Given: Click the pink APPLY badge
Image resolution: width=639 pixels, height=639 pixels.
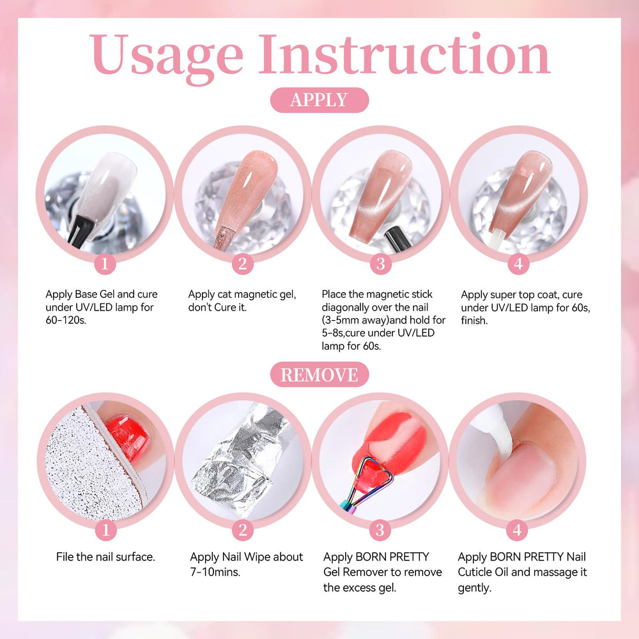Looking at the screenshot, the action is pyautogui.click(x=319, y=100).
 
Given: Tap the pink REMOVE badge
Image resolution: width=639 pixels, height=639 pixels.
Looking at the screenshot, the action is pyautogui.click(x=319, y=374).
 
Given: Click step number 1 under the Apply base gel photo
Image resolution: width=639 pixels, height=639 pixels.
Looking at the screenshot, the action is pyautogui.click(x=105, y=263).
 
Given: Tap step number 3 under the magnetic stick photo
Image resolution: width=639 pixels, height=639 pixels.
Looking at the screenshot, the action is pyautogui.click(x=380, y=264).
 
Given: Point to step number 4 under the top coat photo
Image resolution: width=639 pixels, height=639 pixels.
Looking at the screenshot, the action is pyautogui.click(x=518, y=264).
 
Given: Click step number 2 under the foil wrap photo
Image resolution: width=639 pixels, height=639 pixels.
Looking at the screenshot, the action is pyautogui.click(x=242, y=530).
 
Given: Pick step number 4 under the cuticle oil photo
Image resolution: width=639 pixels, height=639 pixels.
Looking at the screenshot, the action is pyautogui.click(x=517, y=530).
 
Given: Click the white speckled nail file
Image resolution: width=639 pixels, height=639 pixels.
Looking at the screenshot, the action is pyautogui.click(x=91, y=465).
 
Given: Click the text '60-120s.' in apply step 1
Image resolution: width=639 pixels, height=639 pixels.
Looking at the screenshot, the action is pyautogui.click(x=66, y=320).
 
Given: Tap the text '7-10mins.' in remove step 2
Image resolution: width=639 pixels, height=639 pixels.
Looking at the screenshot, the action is pyautogui.click(x=215, y=572).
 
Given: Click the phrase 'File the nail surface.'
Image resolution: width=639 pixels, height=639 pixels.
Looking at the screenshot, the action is pyautogui.click(x=105, y=557).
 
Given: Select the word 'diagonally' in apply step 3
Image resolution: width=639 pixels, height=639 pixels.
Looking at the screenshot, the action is pyautogui.click(x=348, y=308).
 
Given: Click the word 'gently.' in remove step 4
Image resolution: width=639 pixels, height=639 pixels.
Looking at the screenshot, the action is pyautogui.click(x=474, y=588).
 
